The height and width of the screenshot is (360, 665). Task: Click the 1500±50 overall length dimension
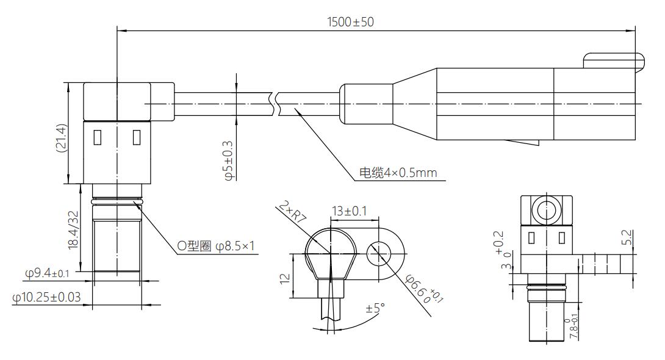click(350, 22)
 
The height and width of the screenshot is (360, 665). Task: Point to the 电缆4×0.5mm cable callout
click(397, 173)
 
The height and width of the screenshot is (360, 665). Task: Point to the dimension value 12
click(284, 278)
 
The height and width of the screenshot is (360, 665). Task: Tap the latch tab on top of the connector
click(613, 60)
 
